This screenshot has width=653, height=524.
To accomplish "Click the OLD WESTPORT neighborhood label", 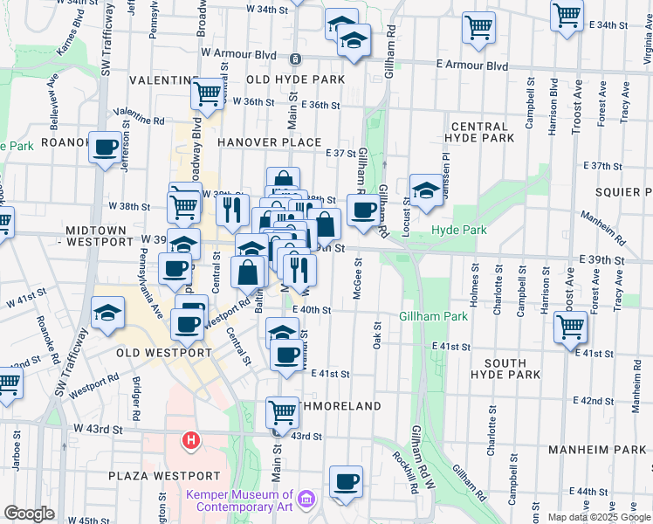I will (x=164, y=353).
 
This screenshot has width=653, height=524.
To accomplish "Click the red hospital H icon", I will (x=190, y=441).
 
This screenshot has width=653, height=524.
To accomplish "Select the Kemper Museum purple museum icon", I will (x=306, y=499).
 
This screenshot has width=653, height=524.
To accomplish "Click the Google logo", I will (x=29, y=514).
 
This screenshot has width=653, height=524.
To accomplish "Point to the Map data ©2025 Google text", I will (x=600, y=517).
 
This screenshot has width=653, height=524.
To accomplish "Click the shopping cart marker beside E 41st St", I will (x=570, y=327).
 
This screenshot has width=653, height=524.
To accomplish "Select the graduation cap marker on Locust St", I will (x=425, y=191).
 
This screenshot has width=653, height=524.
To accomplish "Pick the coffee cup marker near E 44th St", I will (x=346, y=482).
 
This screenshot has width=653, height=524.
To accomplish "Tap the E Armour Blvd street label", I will (x=471, y=65).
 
